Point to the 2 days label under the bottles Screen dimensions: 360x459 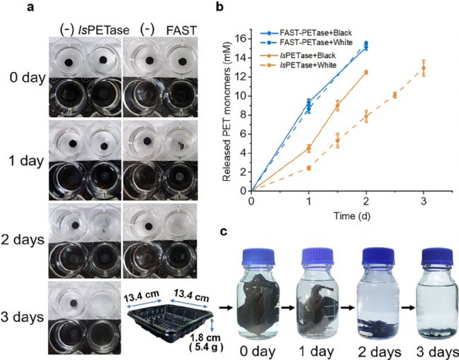[375, 349]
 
